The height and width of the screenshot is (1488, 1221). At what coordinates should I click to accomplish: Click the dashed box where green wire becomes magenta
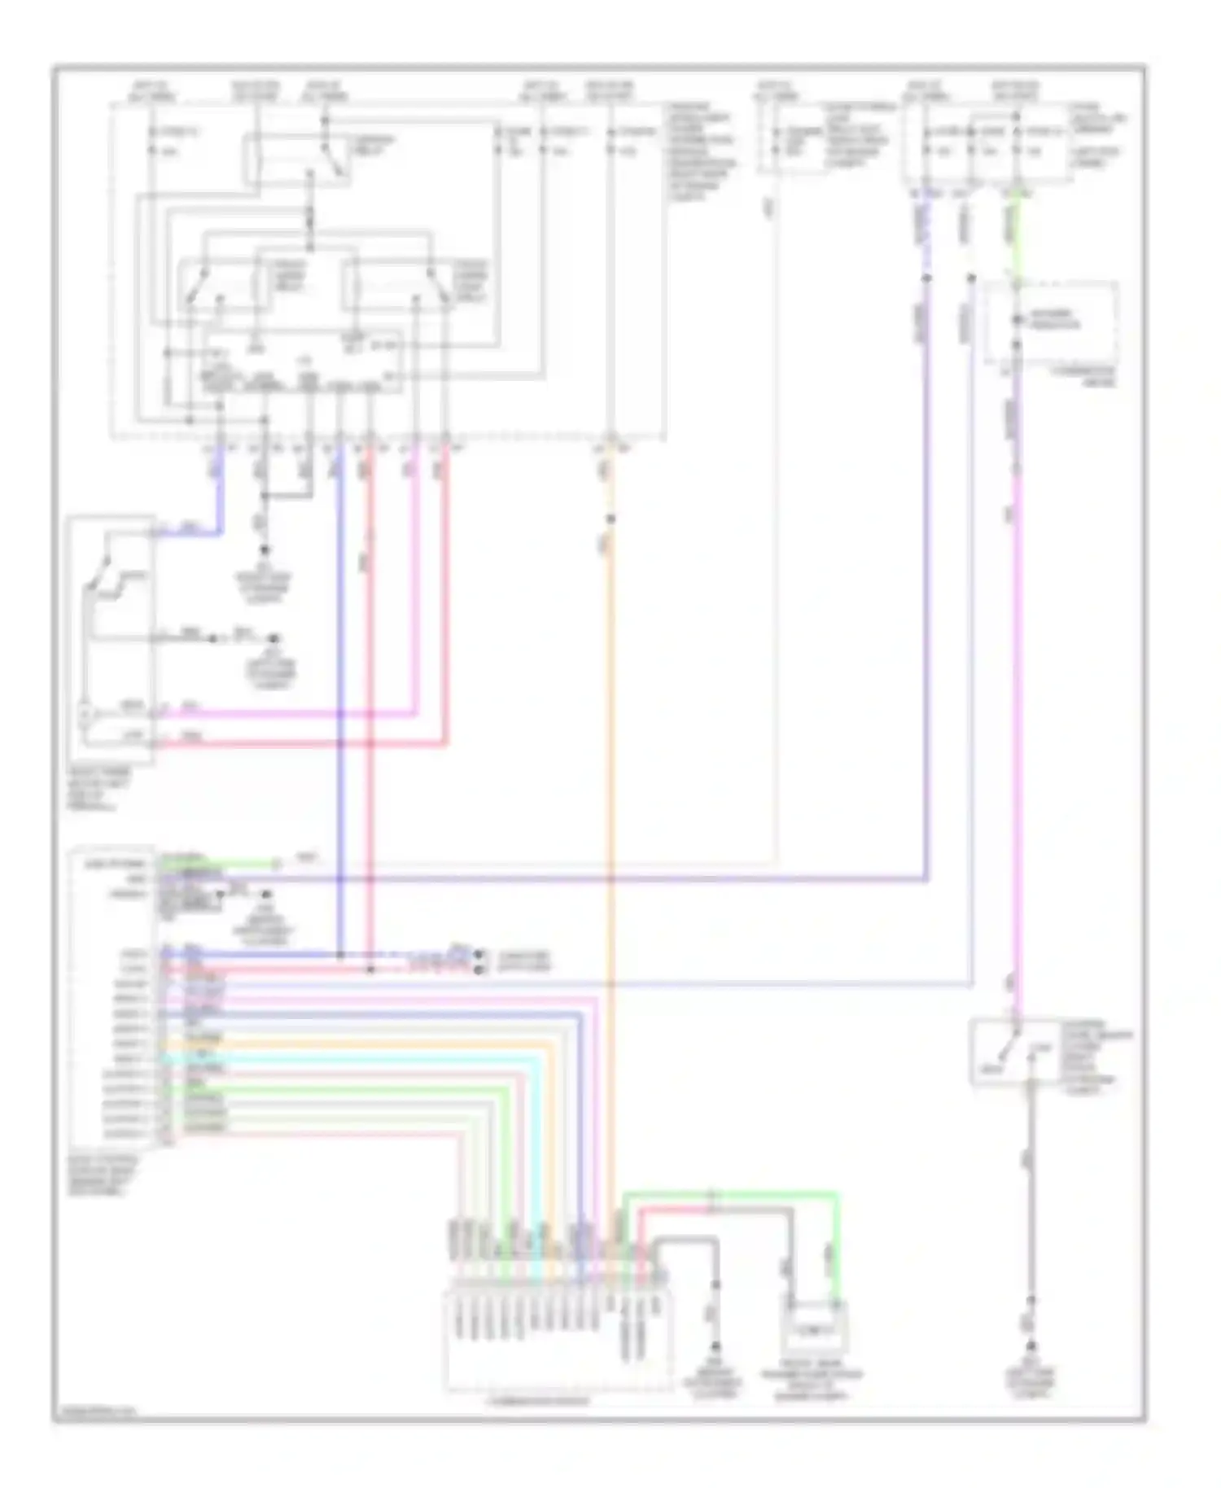[x=1050, y=323]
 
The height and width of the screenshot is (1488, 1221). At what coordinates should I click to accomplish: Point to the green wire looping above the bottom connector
[x=733, y=1194]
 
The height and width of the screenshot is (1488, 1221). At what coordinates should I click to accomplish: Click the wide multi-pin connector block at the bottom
[x=558, y=1335]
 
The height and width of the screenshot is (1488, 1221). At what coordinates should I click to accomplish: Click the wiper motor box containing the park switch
[x=111, y=639]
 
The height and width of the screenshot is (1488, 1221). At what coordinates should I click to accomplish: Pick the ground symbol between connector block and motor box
[x=716, y=1346]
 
